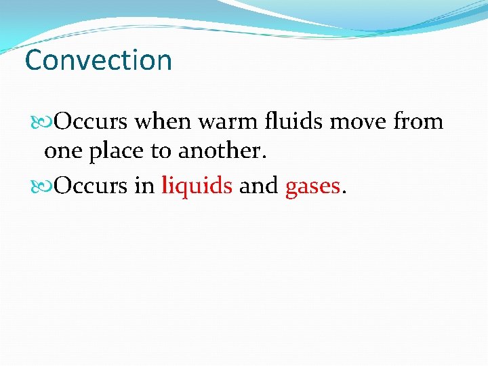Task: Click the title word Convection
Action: click(x=98, y=60)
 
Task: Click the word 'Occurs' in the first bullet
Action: click(x=91, y=122)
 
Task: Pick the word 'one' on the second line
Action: click(x=61, y=151)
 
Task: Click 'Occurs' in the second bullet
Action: click(x=91, y=186)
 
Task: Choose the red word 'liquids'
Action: click(x=197, y=186)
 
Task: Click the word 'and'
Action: click(x=259, y=186)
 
